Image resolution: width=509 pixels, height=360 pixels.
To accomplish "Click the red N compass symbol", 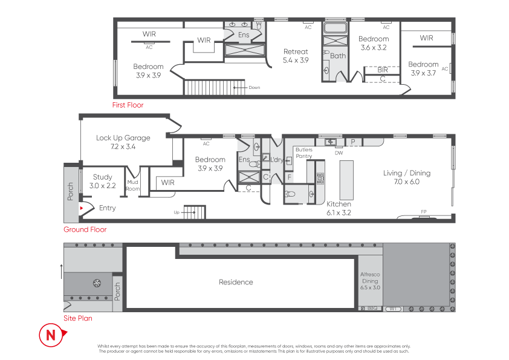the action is point(52,335).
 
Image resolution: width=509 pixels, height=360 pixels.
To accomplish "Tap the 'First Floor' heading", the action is point(128,105).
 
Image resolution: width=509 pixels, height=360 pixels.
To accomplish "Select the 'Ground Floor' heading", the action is point(85,229).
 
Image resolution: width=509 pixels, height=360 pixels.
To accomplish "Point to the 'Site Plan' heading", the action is point(78,318).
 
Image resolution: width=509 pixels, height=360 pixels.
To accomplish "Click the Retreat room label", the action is point(296,51).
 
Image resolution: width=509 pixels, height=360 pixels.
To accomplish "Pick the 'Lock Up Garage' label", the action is point(123,138).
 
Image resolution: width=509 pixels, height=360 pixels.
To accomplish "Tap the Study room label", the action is point(102,177).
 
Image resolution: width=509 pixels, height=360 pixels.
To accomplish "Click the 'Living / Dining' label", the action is point(407,173).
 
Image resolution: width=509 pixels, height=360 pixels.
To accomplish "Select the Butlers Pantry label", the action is point(304,152).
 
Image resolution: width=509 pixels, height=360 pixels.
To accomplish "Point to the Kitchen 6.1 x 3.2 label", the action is point(339,208).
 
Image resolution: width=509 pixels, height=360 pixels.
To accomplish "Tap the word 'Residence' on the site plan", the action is point(236,282).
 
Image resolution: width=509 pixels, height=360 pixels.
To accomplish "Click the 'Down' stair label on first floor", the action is point(254,87).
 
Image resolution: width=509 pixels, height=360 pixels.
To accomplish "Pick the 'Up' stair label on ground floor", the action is point(177,212).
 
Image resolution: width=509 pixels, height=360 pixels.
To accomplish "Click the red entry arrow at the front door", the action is point(82,208).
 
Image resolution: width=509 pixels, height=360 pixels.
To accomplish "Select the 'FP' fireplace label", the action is point(424,212).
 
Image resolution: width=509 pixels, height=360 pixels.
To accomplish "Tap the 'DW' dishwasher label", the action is point(339,152).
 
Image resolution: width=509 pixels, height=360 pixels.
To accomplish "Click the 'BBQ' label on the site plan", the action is point(372,308).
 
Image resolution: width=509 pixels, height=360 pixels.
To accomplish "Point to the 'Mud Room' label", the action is point(133,185).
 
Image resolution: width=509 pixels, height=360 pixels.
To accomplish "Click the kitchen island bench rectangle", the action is point(346,180).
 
